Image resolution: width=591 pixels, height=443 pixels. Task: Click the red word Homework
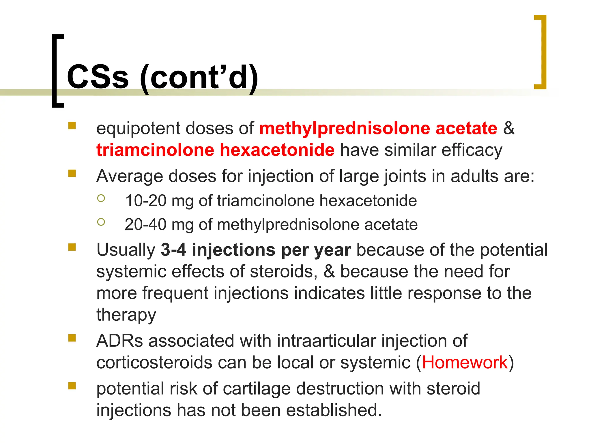click(x=465, y=362)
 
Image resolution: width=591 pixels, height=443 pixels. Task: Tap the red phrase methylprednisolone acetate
click(x=378, y=128)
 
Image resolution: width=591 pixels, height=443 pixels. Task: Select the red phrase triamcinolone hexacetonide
click(x=215, y=150)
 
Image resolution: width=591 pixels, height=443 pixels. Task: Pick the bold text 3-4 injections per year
click(x=256, y=250)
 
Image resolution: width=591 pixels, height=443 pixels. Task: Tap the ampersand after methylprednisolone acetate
click(x=509, y=128)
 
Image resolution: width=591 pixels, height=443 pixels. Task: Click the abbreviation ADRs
click(x=119, y=341)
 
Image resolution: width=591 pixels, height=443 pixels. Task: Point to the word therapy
click(x=126, y=315)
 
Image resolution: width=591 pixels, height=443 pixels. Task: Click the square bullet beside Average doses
click(x=72, y=173)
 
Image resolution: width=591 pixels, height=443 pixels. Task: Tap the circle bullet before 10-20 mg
click(x=101, y=198)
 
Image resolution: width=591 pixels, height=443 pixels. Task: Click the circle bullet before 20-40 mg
click(x=101, y=222)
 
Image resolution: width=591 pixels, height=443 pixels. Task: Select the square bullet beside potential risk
click(x=72, y=386)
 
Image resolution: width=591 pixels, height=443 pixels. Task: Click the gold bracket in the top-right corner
click(x=543, y=52)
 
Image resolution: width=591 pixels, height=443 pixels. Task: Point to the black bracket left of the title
click(x=56, y=71)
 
